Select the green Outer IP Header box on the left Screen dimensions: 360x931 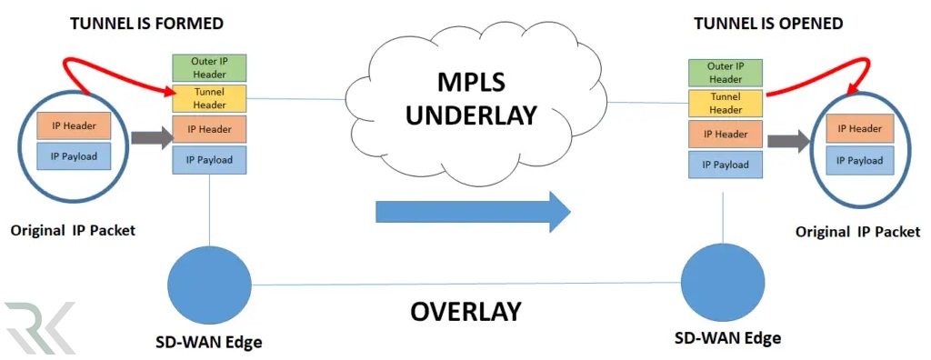(209, 68)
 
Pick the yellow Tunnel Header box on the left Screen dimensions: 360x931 (209, 98)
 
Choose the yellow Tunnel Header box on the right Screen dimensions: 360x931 (725, 104)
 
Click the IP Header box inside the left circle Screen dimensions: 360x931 (73, 125)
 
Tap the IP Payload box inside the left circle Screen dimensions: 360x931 (73, 155)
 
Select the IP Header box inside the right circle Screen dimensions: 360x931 (859, 129)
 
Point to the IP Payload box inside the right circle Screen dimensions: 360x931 (859, 160)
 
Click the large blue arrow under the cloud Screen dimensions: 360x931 (473, 212)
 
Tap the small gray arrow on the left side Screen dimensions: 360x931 (150, 138)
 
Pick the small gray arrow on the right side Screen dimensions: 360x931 (788, 142)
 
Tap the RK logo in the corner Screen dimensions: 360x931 (38, 327)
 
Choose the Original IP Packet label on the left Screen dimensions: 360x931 (73, 230)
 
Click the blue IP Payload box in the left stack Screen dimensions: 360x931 (209, 160)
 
